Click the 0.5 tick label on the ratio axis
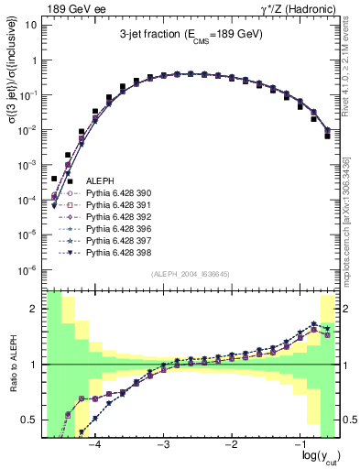coord(31,420)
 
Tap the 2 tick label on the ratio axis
coord(35,309)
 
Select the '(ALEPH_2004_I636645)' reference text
coord(191,274)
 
